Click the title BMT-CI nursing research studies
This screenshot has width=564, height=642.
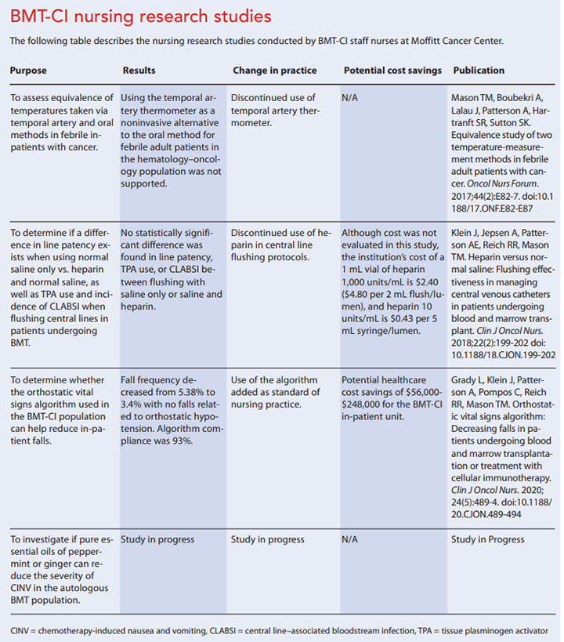(141, 15)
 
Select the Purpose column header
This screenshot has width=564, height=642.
(28, 71)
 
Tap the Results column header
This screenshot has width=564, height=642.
(139, 71)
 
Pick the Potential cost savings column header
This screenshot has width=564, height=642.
(392, 71)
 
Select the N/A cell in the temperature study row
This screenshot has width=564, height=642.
(351, 98)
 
